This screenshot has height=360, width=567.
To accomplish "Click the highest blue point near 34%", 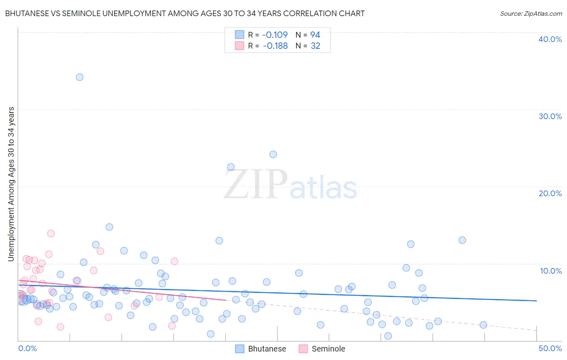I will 79,77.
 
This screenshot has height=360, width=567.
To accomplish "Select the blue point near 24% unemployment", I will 273,154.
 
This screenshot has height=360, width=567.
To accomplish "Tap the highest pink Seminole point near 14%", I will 51,233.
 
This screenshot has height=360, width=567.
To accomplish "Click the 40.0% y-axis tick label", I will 550,39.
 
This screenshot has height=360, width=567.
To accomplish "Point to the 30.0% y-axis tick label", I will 550,116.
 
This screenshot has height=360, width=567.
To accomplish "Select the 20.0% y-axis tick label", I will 550,193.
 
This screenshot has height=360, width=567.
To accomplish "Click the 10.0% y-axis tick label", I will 551,271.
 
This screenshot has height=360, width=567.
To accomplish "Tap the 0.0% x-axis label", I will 27,348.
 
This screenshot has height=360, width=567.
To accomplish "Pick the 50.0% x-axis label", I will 550,348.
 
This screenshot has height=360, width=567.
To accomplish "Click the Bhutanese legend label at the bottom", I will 267,349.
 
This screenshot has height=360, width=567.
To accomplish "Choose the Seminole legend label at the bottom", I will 328,349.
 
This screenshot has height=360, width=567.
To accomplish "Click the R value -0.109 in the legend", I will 275,35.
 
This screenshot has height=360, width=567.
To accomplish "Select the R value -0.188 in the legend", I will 275,46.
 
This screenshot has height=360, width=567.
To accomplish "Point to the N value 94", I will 315,35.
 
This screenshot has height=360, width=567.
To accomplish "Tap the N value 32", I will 315,46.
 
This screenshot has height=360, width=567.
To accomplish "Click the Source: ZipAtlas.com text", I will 531,13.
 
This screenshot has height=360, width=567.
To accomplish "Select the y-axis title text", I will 11,184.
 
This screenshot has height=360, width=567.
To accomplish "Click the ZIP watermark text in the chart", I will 256,185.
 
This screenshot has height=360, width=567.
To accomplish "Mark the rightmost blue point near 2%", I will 483,325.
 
